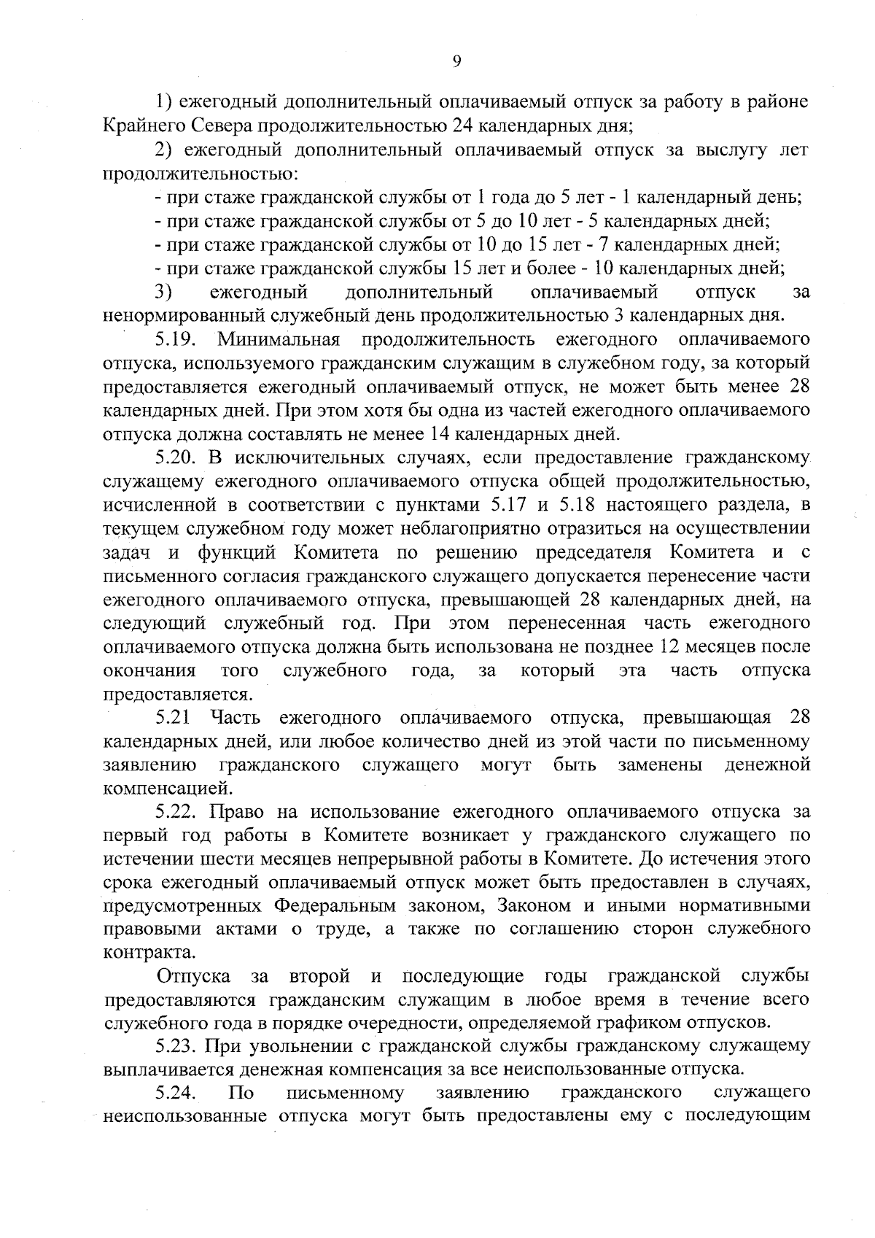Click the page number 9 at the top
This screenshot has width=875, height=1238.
click(456, 62)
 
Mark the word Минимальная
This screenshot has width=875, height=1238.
click(279, 340)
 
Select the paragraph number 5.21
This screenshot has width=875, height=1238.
click(173, 719)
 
